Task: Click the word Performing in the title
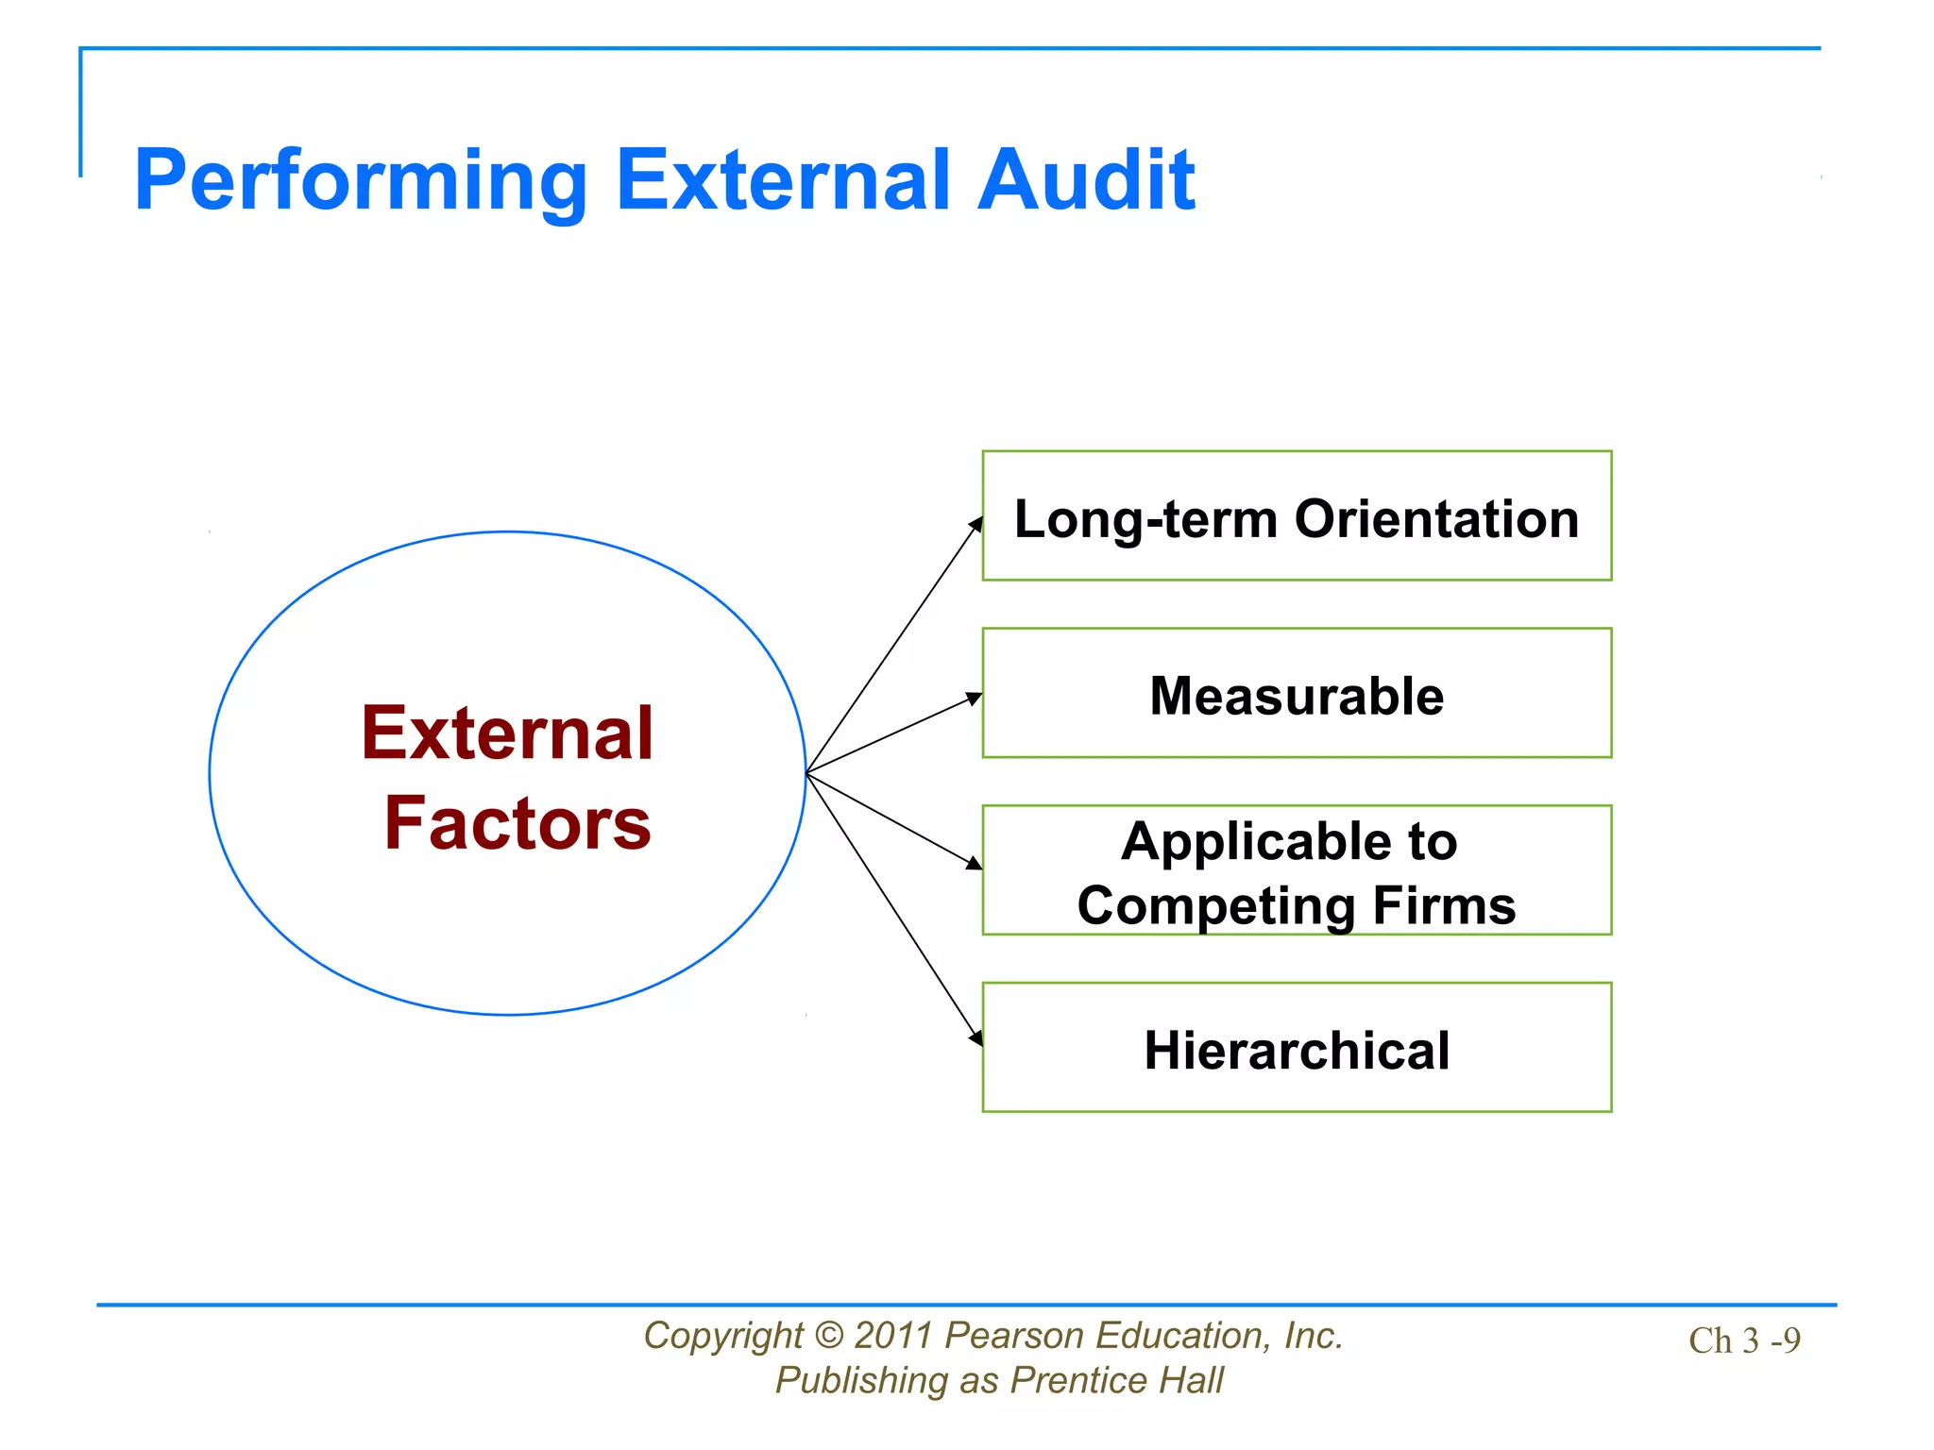click(361, 181)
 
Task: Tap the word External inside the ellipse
click(507, 733)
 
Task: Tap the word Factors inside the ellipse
click(517, 823)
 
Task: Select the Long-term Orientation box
click(1297, 515)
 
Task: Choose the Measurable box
click(1297, 693)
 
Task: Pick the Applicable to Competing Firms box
click(1297, 870)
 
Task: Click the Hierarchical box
click(1297, 1048)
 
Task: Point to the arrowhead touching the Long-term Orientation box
click(976, 524)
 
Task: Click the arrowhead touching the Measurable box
click(974, 700)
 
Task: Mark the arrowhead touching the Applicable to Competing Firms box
click(974, 862)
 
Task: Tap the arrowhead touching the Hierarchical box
click(976, 1037)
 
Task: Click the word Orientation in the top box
click(1436, 519)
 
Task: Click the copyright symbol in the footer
click(828, 1336)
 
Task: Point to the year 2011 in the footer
click(894, 1336)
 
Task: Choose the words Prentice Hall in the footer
click(1116, 1380)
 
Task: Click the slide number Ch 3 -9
click(1744, 1340)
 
